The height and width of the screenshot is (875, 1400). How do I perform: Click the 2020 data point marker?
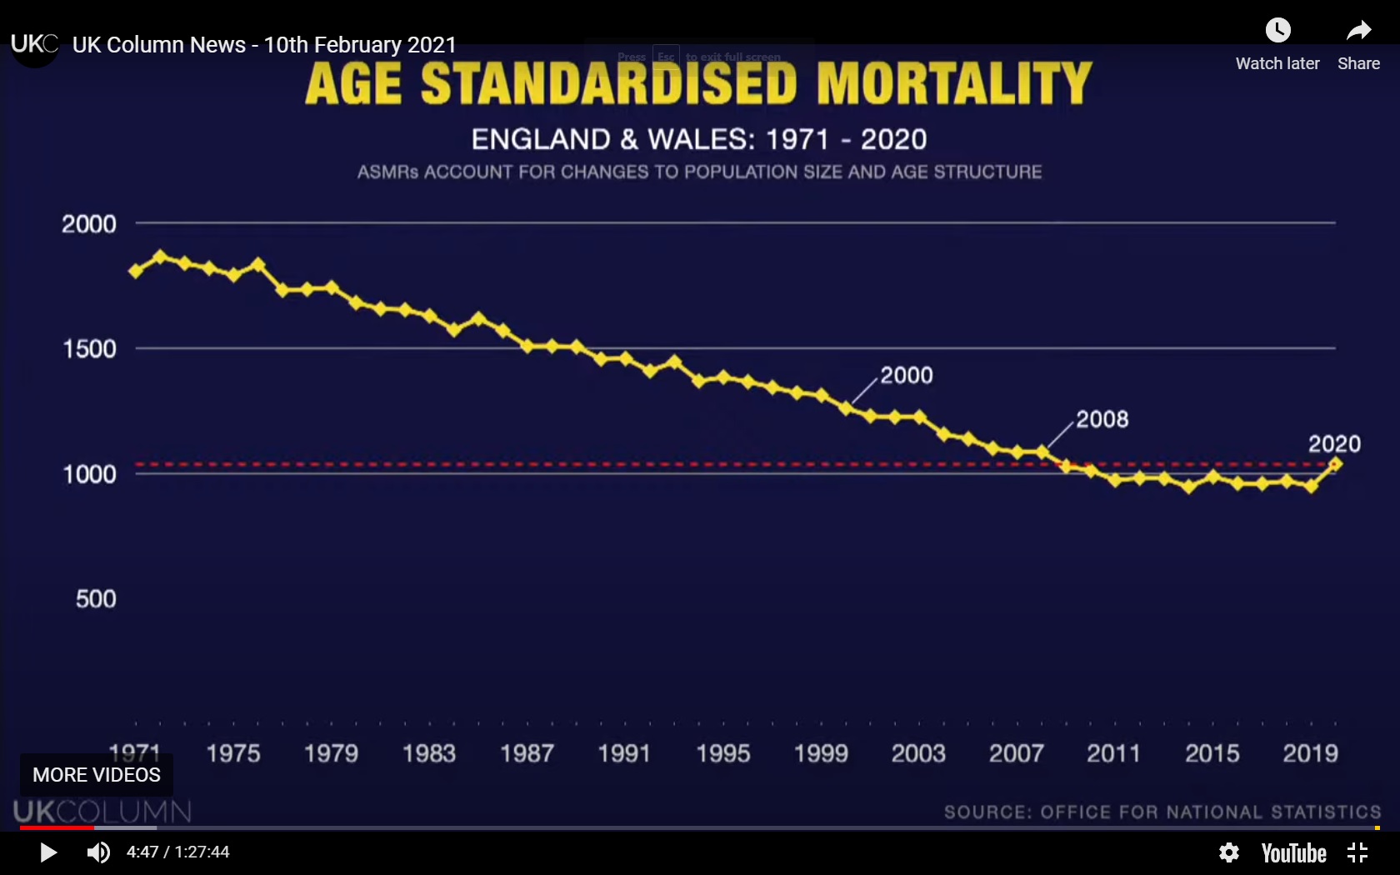(1335, 463)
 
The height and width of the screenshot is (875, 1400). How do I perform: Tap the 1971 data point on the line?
(136, 271)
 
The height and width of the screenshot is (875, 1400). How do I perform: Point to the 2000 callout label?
(907, 376)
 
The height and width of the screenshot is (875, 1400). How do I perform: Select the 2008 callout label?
(1102, 419)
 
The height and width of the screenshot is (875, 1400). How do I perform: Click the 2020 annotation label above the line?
(1334, 444)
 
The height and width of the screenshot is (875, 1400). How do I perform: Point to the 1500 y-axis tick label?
(90, 349)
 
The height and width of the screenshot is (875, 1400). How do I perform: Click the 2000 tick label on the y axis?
(89, 224)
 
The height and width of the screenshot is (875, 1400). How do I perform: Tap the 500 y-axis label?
(96, 599)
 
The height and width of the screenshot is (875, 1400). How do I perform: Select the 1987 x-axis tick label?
(527, 753)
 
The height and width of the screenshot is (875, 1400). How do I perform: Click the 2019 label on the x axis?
(1310, 753)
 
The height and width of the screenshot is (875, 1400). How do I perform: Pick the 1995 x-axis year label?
(722, 753)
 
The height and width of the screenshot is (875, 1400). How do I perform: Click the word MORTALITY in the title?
(954, 83)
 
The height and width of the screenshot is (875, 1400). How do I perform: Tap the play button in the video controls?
(48, 852)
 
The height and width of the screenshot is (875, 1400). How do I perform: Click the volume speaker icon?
(98, 852)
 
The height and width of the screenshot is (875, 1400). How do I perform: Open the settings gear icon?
(1228, 852)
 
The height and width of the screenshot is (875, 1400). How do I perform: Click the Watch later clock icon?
(1277, 31)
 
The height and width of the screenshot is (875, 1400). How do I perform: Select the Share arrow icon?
(1358, 31)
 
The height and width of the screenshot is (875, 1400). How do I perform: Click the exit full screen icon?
(1357, 852)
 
